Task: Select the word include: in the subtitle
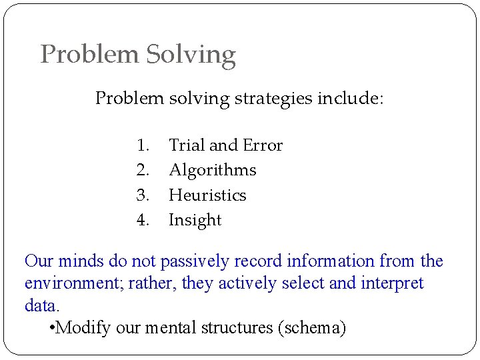(x=350, y=99)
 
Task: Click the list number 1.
(x=142, y=145)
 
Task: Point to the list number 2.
(x=142, y=170)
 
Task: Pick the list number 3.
(x=142, y=195)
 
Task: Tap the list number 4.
(x=142, y=220)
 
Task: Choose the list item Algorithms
(x=212, y=171)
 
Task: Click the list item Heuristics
(x=207, y=195)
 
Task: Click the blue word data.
(x=41, y=306)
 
